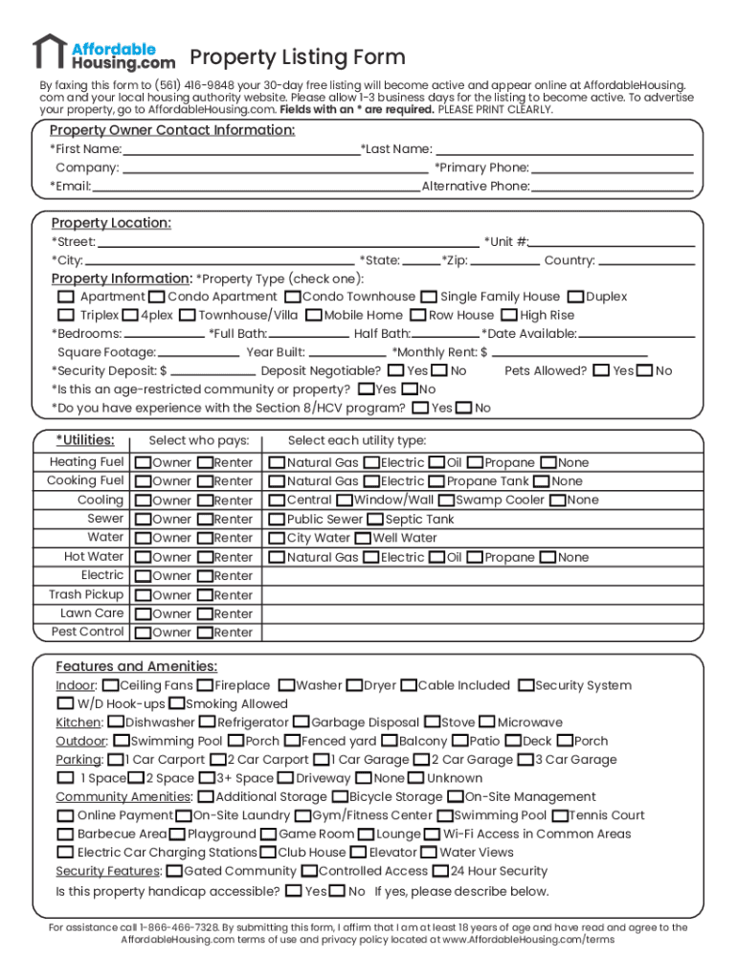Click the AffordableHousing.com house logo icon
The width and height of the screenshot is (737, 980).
[x=49, y=52]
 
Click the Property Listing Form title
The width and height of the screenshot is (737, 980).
[x=297, y=57]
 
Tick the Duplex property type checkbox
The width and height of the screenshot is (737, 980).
[x=576, y=297]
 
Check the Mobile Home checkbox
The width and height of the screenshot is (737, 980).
[x=314, y=315]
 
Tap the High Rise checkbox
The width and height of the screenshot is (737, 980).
[x=510, y=315]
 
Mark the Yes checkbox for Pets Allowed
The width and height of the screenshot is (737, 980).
[x=602, y=370]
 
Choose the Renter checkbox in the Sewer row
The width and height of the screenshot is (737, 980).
[x=205, y=520]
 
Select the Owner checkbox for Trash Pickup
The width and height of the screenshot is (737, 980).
[x=143, y=595]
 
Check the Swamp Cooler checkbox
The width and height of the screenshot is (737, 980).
[x=447, y=501]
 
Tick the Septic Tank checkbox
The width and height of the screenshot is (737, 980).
[x=376, y=520]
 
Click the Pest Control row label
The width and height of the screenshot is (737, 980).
[x=88, y=632]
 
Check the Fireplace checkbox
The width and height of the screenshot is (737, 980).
[x=205, y=686]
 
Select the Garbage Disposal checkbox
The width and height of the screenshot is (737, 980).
[x=301, y=723]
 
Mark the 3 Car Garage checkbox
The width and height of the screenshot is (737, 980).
[x=525, y=760]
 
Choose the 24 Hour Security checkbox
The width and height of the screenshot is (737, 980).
[x=440, y=872]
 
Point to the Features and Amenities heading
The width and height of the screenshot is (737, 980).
[x=136, y=666]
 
